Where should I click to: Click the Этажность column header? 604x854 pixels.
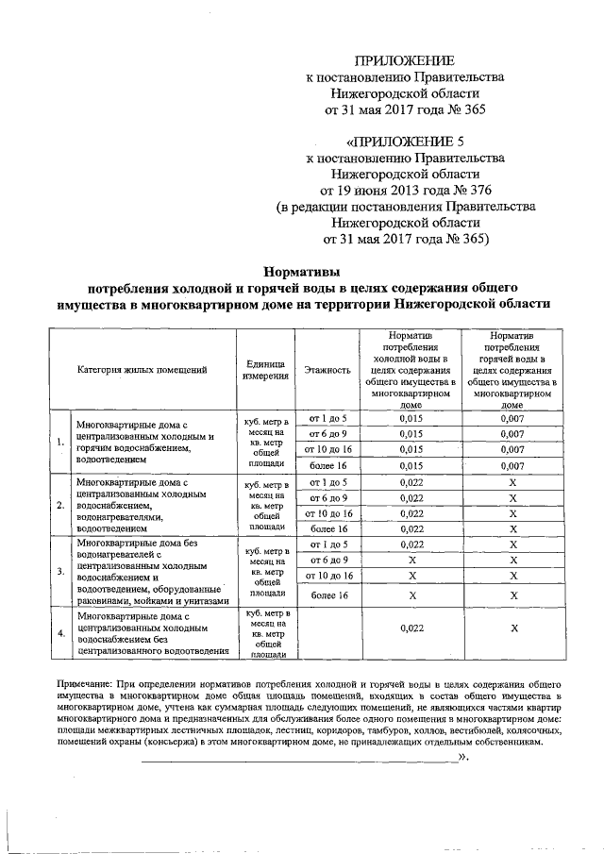click(327, 370)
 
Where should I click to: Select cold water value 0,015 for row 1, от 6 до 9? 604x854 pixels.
click(410, 434)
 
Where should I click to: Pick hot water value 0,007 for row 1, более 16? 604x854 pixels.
click(512, 465)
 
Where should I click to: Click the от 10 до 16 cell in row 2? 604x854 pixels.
click(327, 513)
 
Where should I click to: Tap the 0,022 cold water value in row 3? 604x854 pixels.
click(410, 544)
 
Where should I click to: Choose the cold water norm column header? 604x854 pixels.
click(410, 370)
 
